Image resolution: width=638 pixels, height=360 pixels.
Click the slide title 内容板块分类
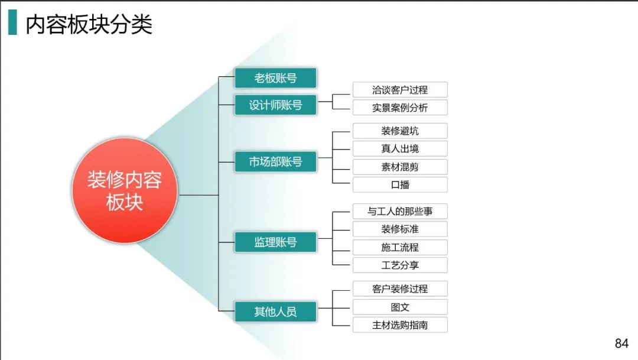point(89,24)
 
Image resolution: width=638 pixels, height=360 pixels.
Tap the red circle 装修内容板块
point(125,191)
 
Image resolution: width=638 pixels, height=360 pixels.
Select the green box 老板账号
point(275,78)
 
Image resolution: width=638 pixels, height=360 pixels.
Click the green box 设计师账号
point(275,105)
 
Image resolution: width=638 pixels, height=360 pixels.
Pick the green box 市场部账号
point(275,161)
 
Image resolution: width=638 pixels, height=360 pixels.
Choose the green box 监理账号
point(275,242)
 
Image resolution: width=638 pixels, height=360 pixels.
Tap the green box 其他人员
point(275,312)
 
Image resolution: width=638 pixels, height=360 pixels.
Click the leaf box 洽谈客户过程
point(400,90)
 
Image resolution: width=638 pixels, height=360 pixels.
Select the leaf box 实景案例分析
point(400,108)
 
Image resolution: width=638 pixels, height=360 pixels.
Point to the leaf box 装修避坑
point(400,131)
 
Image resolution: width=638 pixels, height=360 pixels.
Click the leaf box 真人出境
point(400,148)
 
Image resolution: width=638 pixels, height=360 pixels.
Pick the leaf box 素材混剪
point(400,167)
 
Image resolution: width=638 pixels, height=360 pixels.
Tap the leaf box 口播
point(400,184)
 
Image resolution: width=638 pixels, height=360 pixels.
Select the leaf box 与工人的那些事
point(400,211)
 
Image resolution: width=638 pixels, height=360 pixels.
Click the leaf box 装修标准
point(400,229)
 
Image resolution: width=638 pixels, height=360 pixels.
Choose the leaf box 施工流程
point(400,247)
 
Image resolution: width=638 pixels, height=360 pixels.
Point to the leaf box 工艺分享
point(400,265)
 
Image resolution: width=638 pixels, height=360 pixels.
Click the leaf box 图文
point(400,307)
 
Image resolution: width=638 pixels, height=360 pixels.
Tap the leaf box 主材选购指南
point(400,325)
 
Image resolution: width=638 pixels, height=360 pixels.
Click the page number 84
point(621,343)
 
